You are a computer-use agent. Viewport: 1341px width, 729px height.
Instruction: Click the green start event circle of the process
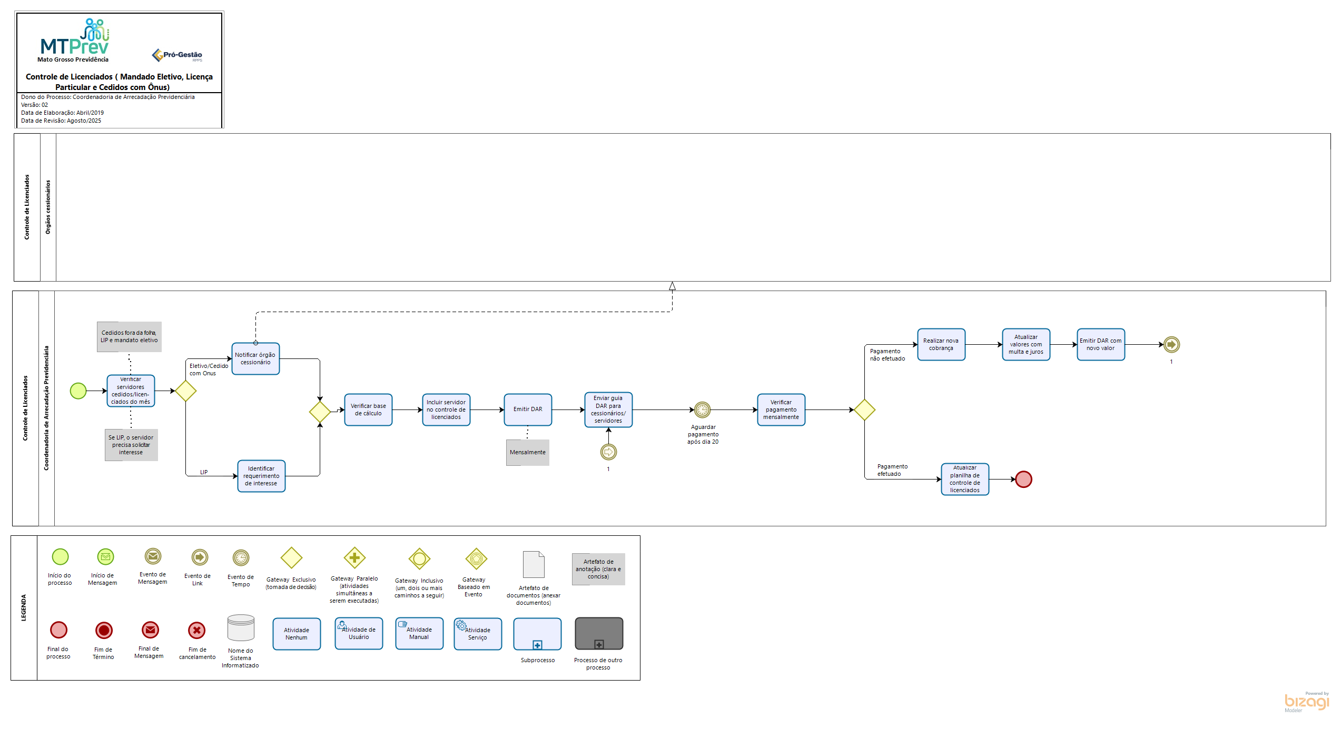tap(78, 391)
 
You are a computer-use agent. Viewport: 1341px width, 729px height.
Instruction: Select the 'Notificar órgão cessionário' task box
tap(255, 358)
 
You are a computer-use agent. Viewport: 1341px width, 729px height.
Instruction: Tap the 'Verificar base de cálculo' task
tap(368, 410)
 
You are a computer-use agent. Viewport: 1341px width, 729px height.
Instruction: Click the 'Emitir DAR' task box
tap(528, 410)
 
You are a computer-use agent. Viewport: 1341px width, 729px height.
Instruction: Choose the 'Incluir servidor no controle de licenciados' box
tap(446, 410)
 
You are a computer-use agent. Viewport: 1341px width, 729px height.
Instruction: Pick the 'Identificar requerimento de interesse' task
tap(261, 476)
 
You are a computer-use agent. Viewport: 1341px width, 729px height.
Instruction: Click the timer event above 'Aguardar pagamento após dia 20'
tap(702, 410)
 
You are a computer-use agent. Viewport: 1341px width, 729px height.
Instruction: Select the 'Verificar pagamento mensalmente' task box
tap(781, 410)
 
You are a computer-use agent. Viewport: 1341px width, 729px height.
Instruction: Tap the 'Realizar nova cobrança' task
tap(941, 344)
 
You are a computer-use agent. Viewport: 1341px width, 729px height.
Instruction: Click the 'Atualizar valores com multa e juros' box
tap(1026, 344)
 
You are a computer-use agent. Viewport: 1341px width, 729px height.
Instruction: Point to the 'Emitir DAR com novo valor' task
tap(1101, 344)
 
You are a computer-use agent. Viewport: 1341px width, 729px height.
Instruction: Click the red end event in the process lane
tap(1023, 479)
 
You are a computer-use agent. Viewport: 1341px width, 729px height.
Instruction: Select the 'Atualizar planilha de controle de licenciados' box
tap(965, 479)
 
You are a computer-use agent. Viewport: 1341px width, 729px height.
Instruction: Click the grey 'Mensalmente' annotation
tap(528, 452)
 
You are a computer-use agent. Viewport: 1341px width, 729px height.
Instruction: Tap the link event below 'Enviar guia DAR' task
tap(608, 452)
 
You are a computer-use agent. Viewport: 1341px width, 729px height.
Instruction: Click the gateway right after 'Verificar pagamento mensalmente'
tap(864, 410)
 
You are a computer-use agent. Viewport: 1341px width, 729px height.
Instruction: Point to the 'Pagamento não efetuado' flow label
tap(888, 355)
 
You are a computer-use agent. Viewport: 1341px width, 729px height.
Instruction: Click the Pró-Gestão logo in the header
tap(178, 55)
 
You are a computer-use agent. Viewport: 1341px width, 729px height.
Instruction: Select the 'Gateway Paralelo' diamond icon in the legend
tap(354, 557)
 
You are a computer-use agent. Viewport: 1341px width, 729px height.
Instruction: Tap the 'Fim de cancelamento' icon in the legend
tap(197, 630)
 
